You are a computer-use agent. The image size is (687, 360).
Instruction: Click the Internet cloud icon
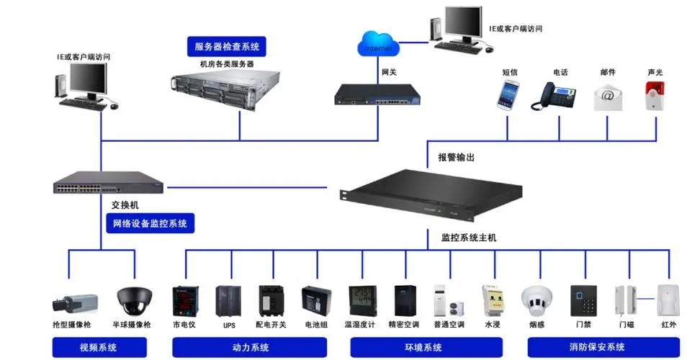click(377, 46)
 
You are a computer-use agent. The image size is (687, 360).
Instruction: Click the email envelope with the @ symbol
click(607, 96)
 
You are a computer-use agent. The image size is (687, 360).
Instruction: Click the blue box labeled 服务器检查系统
click(227, 48)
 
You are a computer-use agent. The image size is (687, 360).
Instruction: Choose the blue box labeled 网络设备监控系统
click(150, 223)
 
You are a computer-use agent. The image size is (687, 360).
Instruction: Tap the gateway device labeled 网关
click(377, 94)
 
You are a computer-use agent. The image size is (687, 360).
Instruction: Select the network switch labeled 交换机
click(108, 183)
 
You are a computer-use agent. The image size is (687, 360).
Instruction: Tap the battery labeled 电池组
click(315, 300)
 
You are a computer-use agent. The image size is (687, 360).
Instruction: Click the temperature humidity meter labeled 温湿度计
click(361, 300)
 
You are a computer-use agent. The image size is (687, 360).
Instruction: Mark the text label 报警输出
click(456, 157)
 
